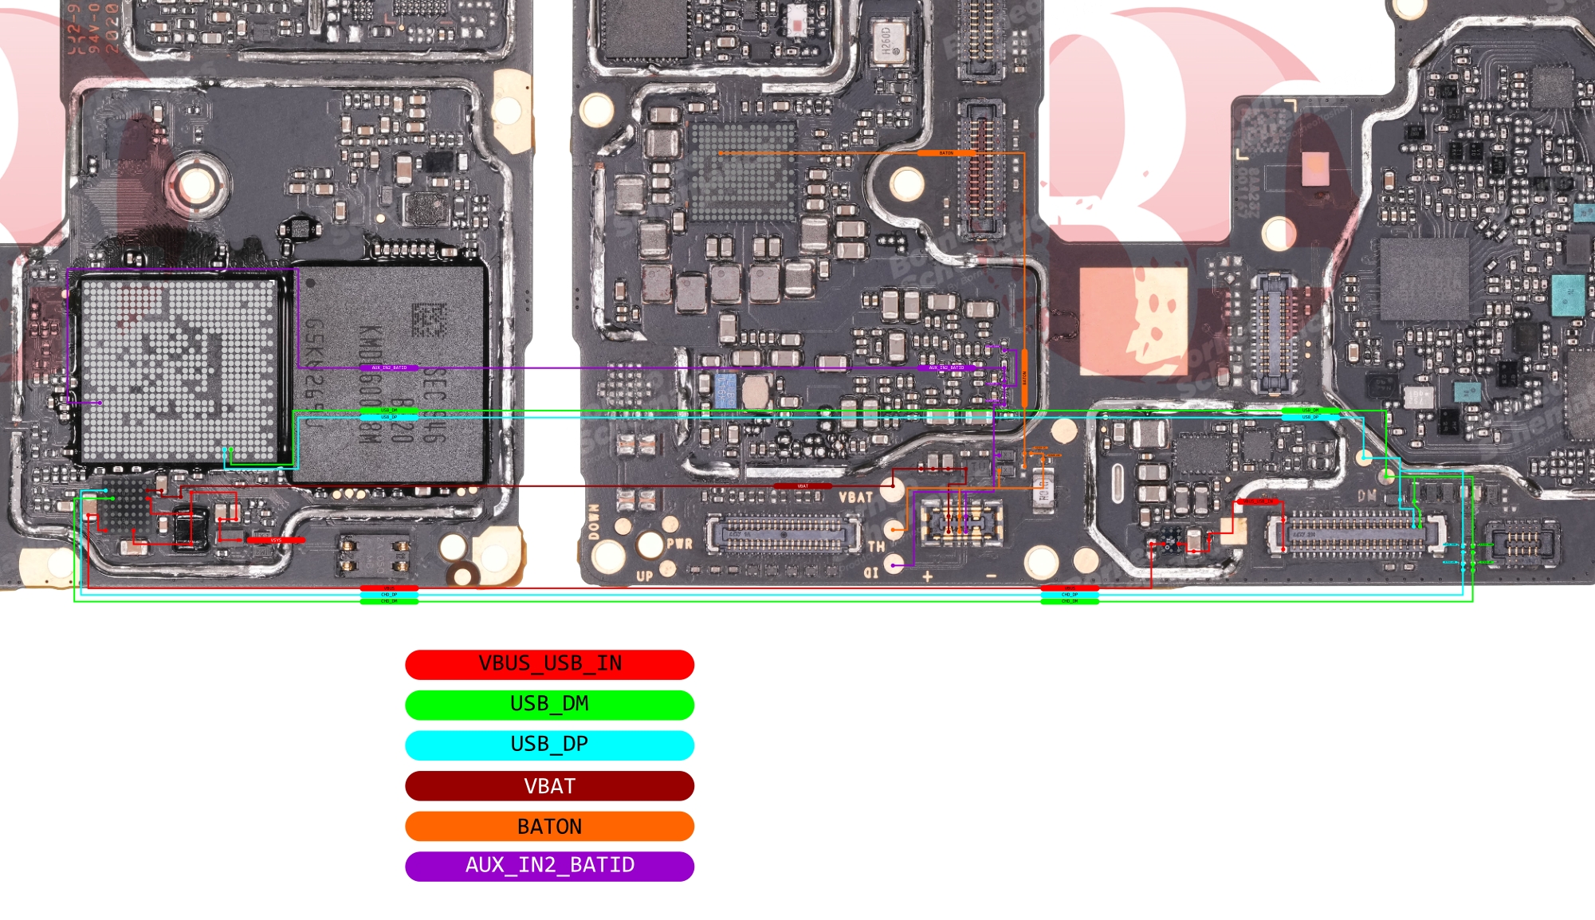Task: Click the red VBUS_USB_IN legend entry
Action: [549, 664]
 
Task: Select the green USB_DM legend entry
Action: [549, 705]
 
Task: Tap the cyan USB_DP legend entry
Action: [549, 745]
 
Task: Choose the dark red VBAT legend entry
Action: [549, 786]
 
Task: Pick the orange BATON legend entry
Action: [549, 826]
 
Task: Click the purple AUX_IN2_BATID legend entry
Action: [549, 866]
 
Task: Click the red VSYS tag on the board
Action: [276, 541]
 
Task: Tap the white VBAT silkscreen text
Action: [855, 497]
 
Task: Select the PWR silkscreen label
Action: [679, 545]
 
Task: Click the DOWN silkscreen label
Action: [594, 522]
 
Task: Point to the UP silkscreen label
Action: [645, 576]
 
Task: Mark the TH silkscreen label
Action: [876, 547]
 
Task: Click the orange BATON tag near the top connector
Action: [946, 152]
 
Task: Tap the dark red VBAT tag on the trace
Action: [803, 486]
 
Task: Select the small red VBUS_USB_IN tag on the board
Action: [1259, 501]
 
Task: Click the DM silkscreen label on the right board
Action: [1367, 496]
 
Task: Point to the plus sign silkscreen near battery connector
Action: [928, 576]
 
